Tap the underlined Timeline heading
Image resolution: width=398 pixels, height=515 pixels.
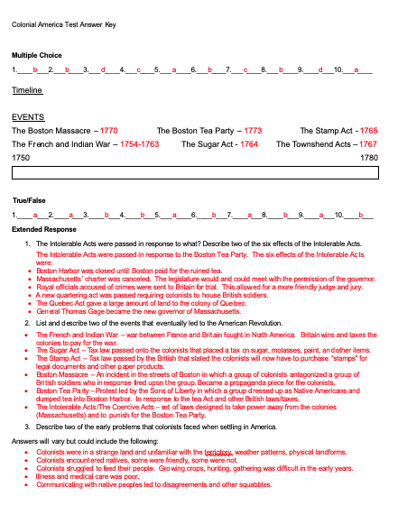tap(27, 91)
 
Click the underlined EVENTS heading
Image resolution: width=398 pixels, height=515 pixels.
tap(28, 117)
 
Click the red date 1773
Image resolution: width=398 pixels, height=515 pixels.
tap(253, 131)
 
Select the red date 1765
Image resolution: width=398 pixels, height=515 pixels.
tap(368, 131)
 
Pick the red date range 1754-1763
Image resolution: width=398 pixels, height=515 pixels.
tap(139, 144)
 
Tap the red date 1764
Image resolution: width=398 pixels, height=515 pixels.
tap(249, 144)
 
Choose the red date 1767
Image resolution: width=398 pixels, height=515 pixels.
tap(367, 144)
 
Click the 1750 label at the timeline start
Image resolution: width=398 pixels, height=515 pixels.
tap(21, 158)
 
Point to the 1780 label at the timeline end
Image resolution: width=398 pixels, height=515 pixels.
tap(368, 158)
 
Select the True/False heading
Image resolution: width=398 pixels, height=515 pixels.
tap(28, 199)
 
